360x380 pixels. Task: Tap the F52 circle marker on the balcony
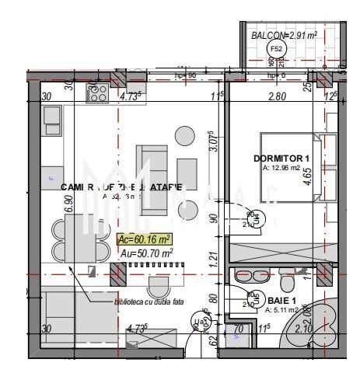(x=274, y=49)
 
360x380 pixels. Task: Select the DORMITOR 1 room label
(x=277, y=159)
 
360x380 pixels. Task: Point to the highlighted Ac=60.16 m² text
(x=144, y=239)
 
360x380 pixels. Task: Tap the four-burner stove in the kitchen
(x=98, y=93)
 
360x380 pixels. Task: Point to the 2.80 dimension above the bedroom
(x=278, y=97)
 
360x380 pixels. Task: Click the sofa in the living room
(x=145, y=169)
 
